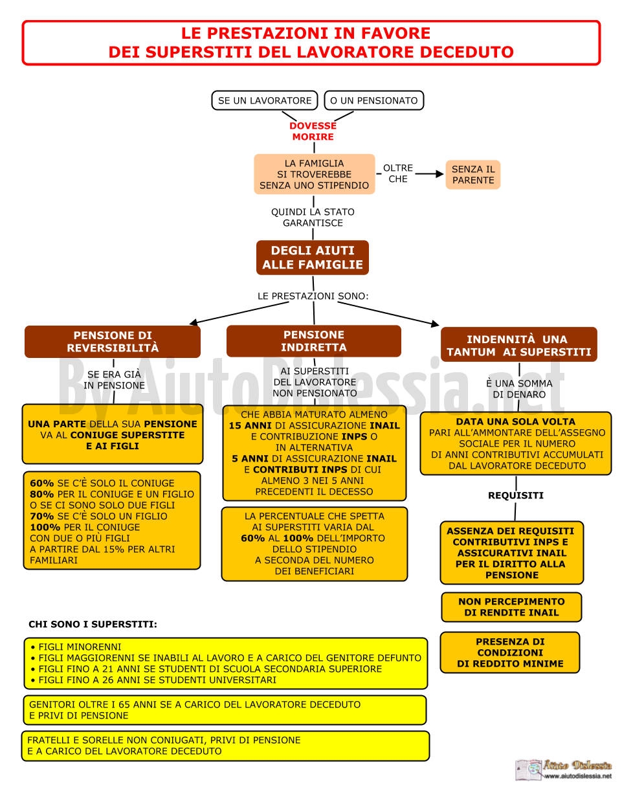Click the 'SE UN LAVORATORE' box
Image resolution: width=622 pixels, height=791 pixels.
[x=264, y=100]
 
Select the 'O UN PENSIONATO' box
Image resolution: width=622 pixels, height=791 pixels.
[x=373, y=100]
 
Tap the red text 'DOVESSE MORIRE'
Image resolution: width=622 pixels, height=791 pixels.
[x=313, y=131]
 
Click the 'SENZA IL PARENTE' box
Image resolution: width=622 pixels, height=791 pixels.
[x=472, y=175]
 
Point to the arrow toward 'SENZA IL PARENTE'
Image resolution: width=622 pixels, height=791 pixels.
[x=429, y=174]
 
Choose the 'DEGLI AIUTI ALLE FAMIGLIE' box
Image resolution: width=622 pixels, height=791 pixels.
[x=313, y=257]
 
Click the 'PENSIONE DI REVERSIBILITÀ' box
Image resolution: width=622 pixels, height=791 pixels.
[x=113, y=342]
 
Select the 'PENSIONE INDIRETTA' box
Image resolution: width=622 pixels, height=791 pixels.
[x=313, y=340]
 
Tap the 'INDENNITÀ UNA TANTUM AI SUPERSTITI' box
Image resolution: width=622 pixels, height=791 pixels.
[x=518, y=344]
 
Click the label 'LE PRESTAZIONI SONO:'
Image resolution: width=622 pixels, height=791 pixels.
[x=313, y=296]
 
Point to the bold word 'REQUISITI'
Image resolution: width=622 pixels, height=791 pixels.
[x=515, y=495]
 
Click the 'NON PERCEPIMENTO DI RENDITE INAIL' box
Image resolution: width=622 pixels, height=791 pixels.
[x=511, y=607]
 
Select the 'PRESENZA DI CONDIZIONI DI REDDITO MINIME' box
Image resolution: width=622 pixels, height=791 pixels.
[x=510, y=652]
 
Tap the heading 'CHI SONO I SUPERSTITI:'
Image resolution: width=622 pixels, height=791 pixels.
[x=93, y=624]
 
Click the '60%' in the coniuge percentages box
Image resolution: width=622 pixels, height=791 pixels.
[x=41, y=483]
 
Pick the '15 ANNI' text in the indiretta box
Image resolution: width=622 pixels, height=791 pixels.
[x=250, y=425]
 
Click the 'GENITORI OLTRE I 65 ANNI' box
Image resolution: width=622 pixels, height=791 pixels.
[x=225, y=710]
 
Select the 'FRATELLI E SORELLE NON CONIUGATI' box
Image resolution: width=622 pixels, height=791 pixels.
[x=225, y=746]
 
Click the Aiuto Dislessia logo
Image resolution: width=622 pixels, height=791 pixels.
[x=563, y=768]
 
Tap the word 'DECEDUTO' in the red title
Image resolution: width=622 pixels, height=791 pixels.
[x=467, y=52]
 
